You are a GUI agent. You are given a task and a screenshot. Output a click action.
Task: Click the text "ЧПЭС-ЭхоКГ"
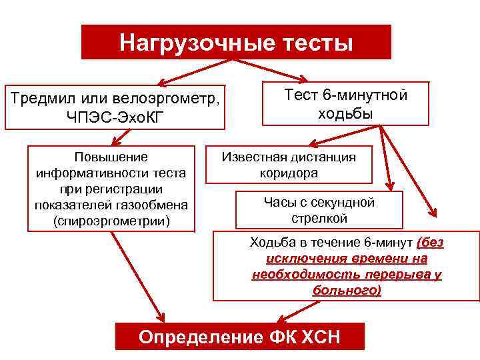(x=114, y=117)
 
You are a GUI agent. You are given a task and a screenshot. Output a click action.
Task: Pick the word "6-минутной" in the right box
(x=369, y=95)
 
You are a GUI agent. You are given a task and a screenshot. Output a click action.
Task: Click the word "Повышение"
(x=111, y=157)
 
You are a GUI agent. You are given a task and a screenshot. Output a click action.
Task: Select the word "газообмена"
(x=151, y=204)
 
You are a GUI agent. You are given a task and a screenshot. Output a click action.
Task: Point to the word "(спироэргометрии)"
(x=111, y=220)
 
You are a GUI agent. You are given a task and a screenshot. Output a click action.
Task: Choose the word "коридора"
(x=289, y=173)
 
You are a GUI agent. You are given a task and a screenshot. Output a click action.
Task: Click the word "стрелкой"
(x=319, y=218)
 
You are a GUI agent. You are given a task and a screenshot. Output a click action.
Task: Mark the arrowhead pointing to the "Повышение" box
(x=115, y=141)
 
